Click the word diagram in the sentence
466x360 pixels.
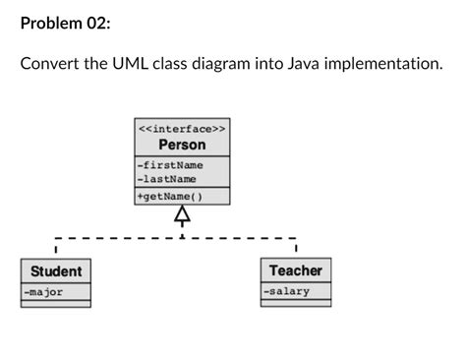(x=240, y=65)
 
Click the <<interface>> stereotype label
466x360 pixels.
(x=183, y=128)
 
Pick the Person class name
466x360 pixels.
(x=183, y=145)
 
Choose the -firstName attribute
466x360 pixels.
(x=170, y=165)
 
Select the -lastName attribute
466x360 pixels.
(x=167, y=179)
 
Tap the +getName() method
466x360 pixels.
(x=170, y=197)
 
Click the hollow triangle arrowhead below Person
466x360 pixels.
(x=182, y=214)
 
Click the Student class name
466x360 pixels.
(x=56, y=270)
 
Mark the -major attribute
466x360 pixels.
(x=44, y=292)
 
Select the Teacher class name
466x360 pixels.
(x=296, y=270)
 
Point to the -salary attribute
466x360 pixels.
(x=286, y=291)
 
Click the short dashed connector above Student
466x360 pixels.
(x=56, y=246)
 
